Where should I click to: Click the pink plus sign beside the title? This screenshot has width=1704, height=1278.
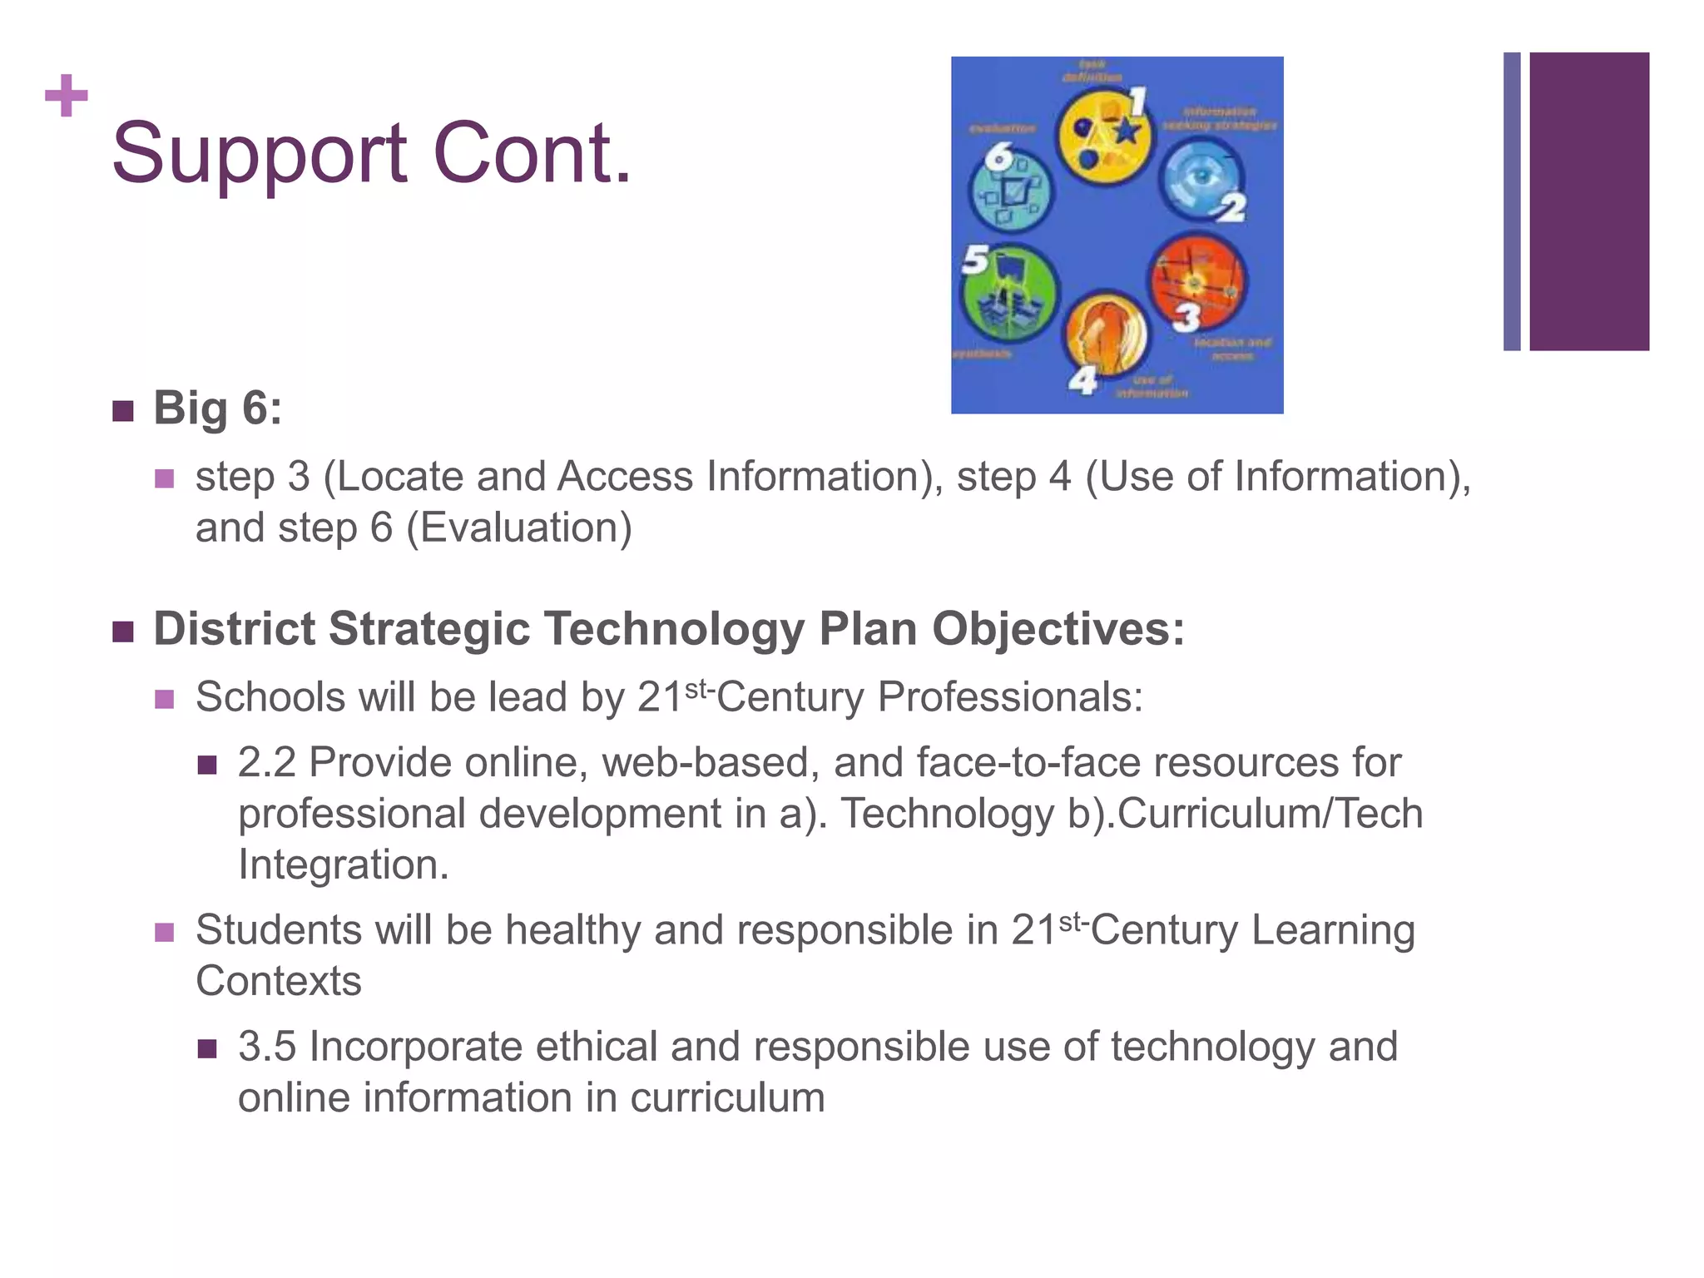point(67,96)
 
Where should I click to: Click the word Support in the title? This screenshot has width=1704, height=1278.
point(259,154)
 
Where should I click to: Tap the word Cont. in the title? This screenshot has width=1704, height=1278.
point(532,154)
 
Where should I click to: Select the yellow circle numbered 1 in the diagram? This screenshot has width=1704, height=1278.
point(1103,137)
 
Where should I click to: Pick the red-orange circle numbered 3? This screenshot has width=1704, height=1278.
point(1197,282)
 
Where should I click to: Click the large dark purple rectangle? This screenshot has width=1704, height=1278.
point(1588,201)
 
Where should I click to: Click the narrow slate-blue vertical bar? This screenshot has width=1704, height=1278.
point(1511,201)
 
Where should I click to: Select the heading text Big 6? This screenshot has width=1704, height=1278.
point(217,409)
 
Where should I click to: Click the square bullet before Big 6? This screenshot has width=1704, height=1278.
point(123,411)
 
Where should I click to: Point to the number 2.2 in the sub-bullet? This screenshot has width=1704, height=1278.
point(266,762)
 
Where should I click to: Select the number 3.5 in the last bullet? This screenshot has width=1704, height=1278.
point(266,1046)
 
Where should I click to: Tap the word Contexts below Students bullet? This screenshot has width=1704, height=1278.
point(279,981)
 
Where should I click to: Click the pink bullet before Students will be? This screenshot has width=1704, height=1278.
point(165,932)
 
